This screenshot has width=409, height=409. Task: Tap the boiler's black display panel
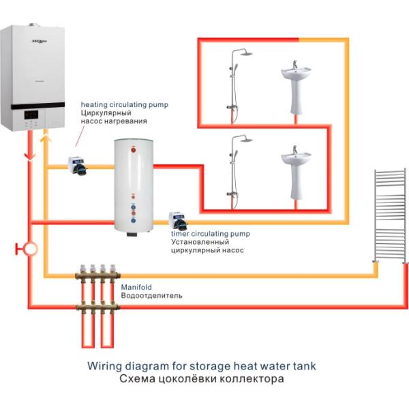pos(34,118)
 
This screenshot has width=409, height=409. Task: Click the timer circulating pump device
pos(179,220)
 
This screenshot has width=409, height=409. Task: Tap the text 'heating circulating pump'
pos(124,104)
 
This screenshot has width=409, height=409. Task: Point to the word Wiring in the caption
pos(106,366)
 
